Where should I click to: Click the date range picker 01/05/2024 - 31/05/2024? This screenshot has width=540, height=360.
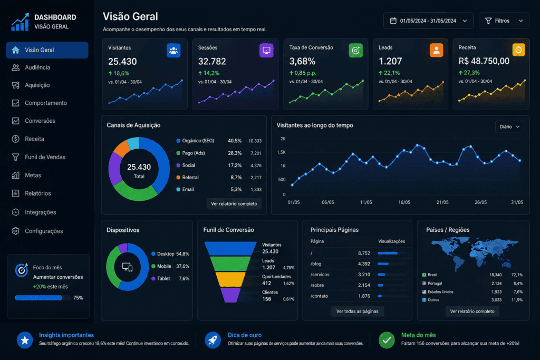pyautogui.click(x=428, y=21)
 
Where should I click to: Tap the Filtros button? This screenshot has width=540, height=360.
pyautogui.click(x=504, y=21)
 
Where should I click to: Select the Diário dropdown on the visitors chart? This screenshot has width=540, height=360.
pyautogui.click(x=509, y=127)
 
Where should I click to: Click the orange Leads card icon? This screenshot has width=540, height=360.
pyautogui.click(x=436, y=50)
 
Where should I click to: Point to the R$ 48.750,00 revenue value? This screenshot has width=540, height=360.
pyautogui.click(x=484, y=61)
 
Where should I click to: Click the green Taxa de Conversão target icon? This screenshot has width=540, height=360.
pyautogui.click(x=356, y=51)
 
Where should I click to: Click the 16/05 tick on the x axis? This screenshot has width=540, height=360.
pyautogui.click(x=404, y=202)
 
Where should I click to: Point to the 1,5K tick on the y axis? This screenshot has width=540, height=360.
pyautogui.click(x=281, y=152)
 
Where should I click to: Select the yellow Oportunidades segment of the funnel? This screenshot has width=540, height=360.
pyautogui.click(x=230, y=279)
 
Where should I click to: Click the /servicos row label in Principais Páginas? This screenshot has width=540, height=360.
pyautogui.click(x=320, y=274)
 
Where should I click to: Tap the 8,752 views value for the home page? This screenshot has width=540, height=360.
pyautogui.click(x=364, y=253)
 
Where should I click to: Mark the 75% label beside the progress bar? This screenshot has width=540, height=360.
pyautogui.click(x=78, y=298)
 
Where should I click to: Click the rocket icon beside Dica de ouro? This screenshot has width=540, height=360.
pyautogui.click(x=213, y=340)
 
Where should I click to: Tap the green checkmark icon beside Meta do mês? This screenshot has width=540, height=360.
pyautogui.click(x=387, y=340)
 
